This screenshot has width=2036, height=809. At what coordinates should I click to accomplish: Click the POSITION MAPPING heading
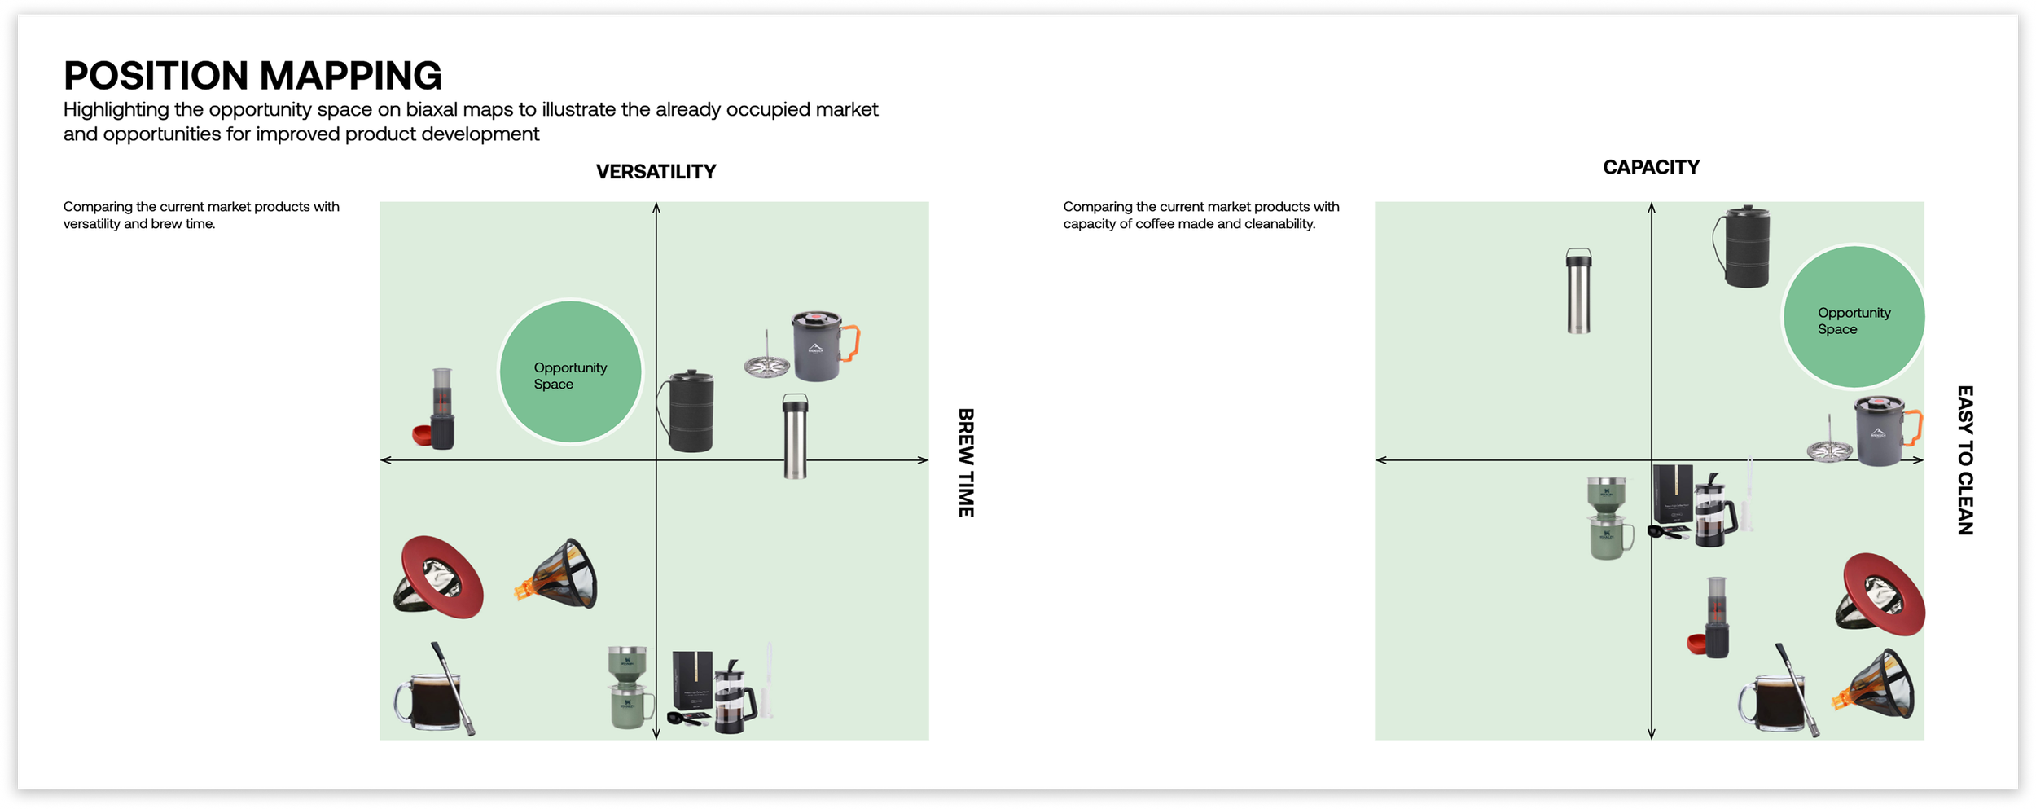[x=252, y=76]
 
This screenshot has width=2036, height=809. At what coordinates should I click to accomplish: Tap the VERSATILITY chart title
[x=656, y=172]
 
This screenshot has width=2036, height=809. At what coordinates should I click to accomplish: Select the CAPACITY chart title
[x=1651, y=167]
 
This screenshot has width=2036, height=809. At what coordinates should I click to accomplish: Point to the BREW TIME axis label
[x=966, y=462]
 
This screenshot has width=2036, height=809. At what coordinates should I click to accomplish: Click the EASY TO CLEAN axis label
[x=1965, y=460]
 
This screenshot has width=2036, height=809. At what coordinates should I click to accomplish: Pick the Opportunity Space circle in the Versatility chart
[x=570, y=372]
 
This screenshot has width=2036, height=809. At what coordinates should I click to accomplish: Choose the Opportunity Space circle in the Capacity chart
[x=1854, y=317]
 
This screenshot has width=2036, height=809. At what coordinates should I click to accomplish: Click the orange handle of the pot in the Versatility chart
[x=851, y=342]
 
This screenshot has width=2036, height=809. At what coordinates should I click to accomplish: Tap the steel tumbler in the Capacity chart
[x=1578, y=291]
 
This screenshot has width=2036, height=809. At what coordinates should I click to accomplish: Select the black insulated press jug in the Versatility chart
[x=689, y=411]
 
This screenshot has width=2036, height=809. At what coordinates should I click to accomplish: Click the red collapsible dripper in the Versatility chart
[x=440, y=576]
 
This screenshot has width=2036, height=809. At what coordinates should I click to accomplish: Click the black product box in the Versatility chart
[x=691, y=680]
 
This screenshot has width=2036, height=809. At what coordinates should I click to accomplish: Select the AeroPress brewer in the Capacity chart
[x=1715, y=617]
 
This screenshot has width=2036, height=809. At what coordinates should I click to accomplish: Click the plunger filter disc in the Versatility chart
[x=766, y=364]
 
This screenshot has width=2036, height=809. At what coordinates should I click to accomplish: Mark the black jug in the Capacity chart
[x=1744, y=246]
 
